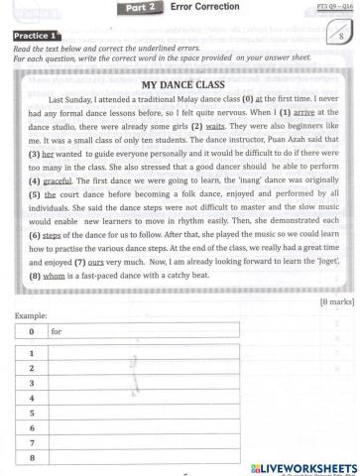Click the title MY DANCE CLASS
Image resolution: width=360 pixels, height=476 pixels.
point(180,85)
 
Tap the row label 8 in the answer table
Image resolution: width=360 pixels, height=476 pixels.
point(32,456)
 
